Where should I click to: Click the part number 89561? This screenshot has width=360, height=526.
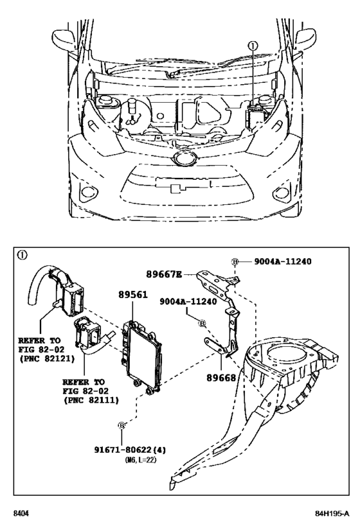tap(133, 295)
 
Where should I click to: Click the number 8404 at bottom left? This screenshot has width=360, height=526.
tap(22, 513)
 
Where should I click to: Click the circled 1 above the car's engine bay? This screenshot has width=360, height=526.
tap(253, 46)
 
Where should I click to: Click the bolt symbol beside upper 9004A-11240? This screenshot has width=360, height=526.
tap(235, 262)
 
